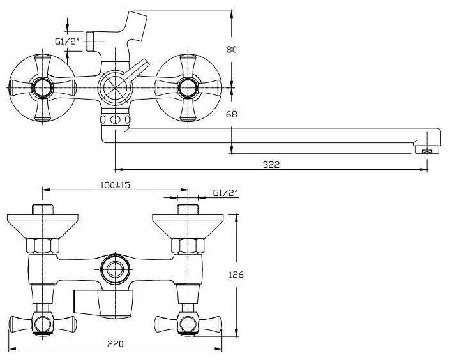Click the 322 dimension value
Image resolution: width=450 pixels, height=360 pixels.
coord(271,164)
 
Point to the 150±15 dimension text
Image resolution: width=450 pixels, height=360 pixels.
coord(115,185)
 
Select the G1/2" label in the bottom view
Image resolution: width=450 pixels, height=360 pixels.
coord(225,193)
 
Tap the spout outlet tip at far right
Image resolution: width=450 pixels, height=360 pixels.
coord(427,151)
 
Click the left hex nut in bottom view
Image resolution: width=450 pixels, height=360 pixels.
coord(42,246)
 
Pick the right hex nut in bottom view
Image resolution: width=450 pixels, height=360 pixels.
coord(188,246)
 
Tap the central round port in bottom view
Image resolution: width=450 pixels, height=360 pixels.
coord(115,268)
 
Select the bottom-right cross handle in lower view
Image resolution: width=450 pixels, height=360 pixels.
coord(187,324)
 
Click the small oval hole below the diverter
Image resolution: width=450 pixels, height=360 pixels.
coord(115,119)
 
